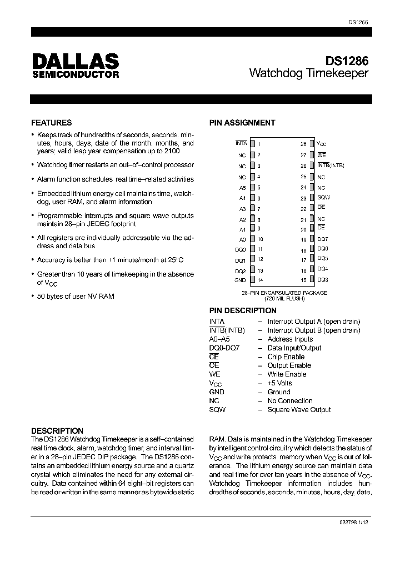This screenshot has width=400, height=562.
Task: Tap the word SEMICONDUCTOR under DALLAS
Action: [x=75, y=74]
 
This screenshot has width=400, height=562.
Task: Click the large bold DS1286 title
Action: [x=347, y=60]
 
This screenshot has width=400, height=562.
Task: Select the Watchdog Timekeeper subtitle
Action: [x=309, y=73]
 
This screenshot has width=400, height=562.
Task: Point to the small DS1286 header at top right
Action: [x=358, y=22]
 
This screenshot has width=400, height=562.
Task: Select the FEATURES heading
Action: [x=51, y=123]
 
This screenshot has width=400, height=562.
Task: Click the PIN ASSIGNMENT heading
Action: [x=242, y=123]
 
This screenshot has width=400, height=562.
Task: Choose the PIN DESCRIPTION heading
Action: [x=242, y=310]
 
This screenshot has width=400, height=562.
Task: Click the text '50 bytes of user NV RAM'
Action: [x=75, y=296]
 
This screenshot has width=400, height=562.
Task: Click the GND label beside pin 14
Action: [x=240, y=280]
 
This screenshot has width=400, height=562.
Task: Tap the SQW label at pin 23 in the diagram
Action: [x=323, y=197]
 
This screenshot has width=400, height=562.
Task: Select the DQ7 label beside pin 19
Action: [x=323, y=239]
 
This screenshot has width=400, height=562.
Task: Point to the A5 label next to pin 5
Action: [x=242, y=188]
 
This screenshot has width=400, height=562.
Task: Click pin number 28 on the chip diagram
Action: [x=303, y=143]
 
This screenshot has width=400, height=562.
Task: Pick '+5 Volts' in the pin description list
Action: [x=279, y=383]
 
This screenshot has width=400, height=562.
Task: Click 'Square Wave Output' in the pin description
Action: [x=299, y=410]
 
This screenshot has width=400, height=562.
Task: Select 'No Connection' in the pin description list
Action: [x=289, y=401]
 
